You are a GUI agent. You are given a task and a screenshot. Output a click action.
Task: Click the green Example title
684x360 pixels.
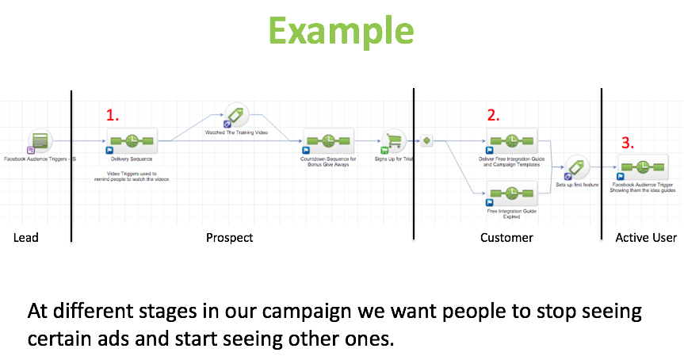342,31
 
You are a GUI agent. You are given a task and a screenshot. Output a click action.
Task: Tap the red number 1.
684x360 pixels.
113,115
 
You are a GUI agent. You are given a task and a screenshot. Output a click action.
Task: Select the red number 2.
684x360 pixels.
493,115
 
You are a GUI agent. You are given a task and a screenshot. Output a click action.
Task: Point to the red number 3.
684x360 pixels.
627,144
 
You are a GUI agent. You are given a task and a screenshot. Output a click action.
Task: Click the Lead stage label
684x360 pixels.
25,238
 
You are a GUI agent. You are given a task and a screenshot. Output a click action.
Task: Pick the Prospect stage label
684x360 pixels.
229,238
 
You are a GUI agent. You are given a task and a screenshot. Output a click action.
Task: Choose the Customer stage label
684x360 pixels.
506,238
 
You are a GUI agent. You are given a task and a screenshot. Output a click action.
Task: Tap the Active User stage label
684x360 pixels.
646,238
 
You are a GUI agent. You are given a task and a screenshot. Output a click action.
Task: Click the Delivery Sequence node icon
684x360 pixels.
132,140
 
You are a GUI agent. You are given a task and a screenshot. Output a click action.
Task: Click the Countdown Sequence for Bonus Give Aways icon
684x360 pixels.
328,140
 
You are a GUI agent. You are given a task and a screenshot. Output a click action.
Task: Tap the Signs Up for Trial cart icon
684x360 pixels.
394,140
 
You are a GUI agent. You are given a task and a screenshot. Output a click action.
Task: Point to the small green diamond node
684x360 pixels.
426,140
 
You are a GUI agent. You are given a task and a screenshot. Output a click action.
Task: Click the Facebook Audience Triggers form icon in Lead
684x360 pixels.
40,142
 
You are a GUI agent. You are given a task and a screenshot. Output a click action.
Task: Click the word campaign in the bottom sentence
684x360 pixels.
380,311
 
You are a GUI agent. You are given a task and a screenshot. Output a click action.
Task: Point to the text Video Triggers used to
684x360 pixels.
132,172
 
